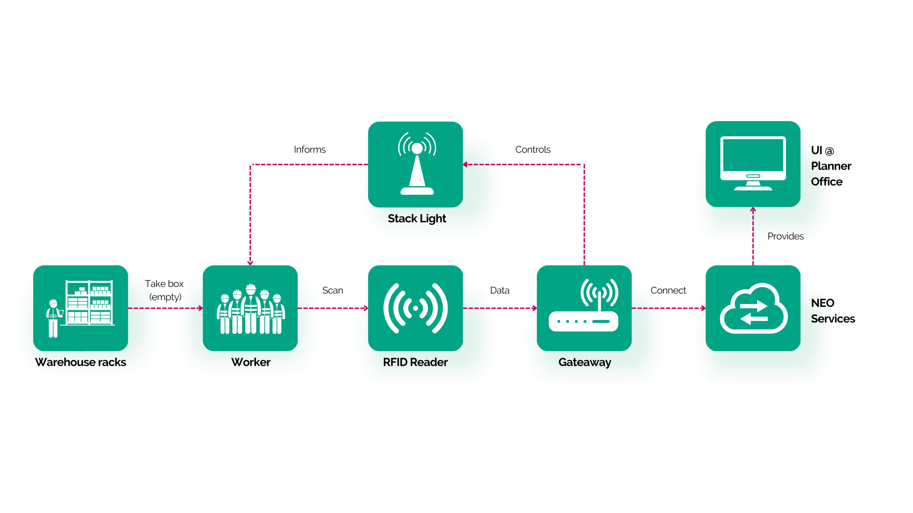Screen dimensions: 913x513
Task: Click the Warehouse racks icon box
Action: (x=80, y=308)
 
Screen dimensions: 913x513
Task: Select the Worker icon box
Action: (x=250, y=308)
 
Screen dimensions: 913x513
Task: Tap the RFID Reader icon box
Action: (x=415, y=308)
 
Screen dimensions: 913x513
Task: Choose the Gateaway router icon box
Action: (x=584, y=308)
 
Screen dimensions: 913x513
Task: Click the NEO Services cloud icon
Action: (x=753, y=308)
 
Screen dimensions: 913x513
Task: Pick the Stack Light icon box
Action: (x=415, y=164)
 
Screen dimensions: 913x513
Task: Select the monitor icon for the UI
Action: (x=753, y=164)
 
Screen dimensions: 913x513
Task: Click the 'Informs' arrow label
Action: (x=310, y=150)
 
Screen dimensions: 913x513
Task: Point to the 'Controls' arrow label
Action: (x=533, y=150)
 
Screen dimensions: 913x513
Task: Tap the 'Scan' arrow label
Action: (x=332, y=290)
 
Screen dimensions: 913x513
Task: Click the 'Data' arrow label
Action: (x=500, y=290)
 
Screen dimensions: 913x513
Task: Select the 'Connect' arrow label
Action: (x=668, y=290)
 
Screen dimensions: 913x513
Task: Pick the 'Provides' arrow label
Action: (x=786, y=236)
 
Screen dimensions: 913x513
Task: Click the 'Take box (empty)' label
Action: (x=165, y=290)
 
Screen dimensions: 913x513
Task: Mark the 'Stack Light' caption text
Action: (x=417, y=218)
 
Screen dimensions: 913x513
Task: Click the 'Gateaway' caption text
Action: (x=584, y=362)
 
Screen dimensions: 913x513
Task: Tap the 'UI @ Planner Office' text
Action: (x=831, y=166)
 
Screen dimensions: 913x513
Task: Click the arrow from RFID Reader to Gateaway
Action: (x=500, y=308)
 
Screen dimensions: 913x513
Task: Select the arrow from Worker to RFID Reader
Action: (x=333, y=308)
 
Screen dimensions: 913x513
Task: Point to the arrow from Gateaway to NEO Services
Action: (x=669, y=308)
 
